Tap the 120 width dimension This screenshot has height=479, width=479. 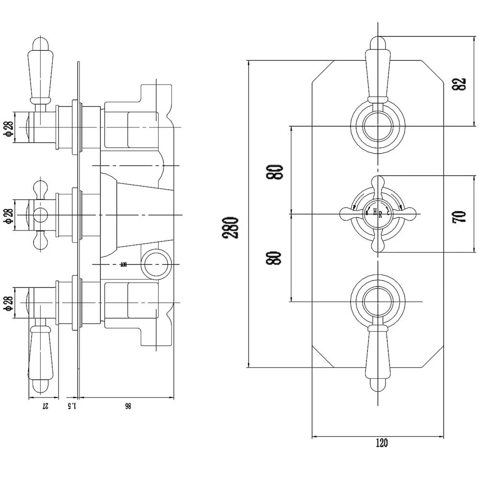381,443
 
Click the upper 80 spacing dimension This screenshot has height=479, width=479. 277,171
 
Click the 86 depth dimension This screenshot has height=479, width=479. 127,406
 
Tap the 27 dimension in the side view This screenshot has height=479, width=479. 45,406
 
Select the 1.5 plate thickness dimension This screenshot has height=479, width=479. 72,406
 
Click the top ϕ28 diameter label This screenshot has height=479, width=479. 8,127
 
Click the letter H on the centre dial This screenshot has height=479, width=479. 374,211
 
